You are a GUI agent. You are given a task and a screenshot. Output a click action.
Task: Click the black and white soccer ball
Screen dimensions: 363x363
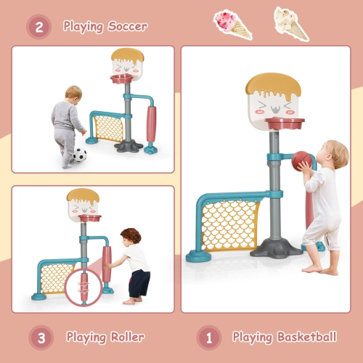[79, 155]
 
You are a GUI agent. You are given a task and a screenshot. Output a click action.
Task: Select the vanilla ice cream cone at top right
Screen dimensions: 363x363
[290, 23]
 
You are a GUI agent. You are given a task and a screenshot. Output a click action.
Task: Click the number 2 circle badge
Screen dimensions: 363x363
[39, 27]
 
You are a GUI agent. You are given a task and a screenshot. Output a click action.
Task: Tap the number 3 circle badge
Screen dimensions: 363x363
[41, 337]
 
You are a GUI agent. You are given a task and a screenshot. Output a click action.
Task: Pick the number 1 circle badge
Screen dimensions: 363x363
[209, 337]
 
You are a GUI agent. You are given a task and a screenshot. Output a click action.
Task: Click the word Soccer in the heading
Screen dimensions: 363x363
[126, 27]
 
